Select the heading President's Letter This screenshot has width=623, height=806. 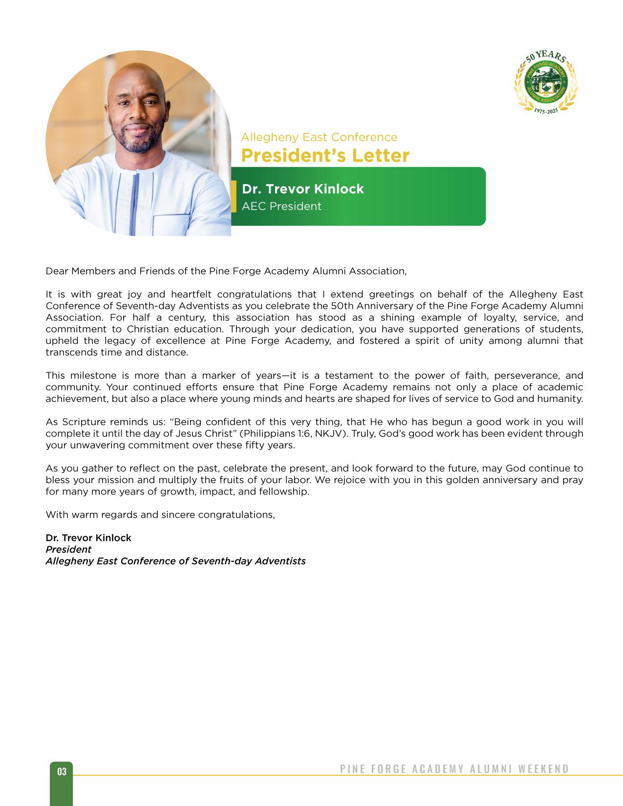tap(325, 156)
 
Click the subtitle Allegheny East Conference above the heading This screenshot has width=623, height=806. tap(319, 137)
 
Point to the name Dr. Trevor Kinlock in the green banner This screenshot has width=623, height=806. tap(302, 189)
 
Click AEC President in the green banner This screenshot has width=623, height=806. tap(281, 206)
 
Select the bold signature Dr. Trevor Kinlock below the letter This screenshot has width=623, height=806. tap(88, 538)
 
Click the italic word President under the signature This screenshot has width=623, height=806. tap(68, 550)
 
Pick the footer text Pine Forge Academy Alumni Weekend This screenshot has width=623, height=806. tap(454, 769)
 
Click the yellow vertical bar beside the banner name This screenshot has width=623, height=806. tap(234, 196)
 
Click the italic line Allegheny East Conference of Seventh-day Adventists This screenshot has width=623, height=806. tap(175, 561)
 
